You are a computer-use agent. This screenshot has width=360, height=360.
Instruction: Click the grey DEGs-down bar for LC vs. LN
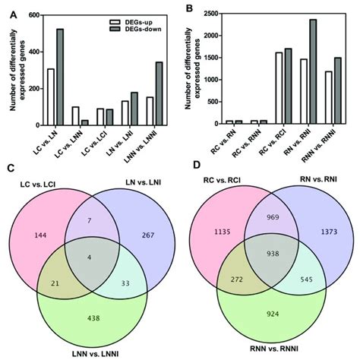[x=59, y=77]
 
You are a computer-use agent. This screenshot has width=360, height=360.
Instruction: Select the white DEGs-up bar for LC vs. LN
[x=51, y=96]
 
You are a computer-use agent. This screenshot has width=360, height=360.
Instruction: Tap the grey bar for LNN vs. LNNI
[x=158, y=93]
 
